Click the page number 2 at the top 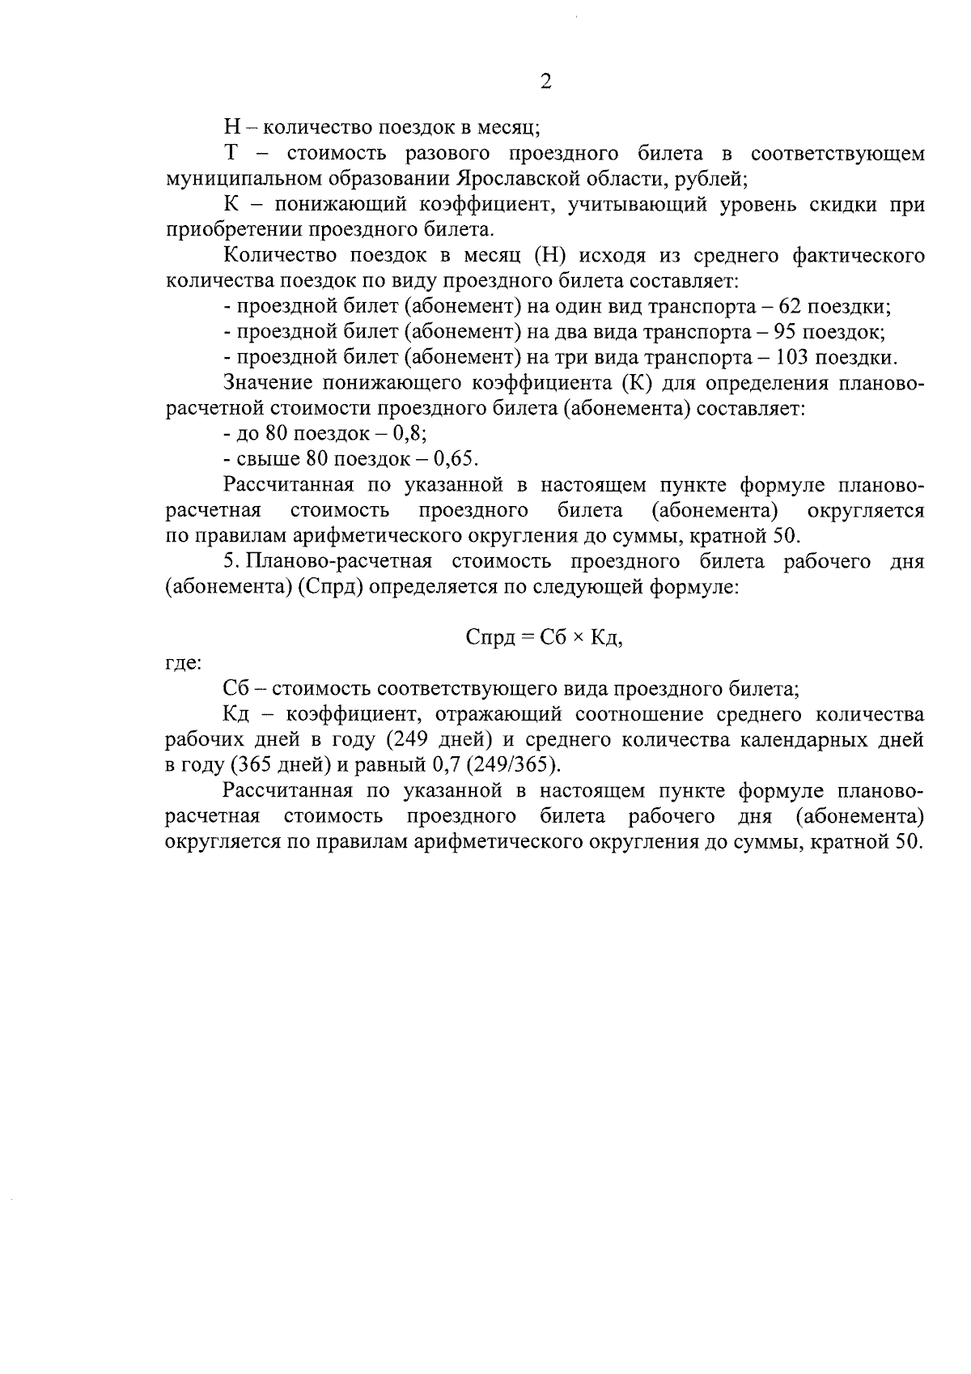(x=545, y=81)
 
